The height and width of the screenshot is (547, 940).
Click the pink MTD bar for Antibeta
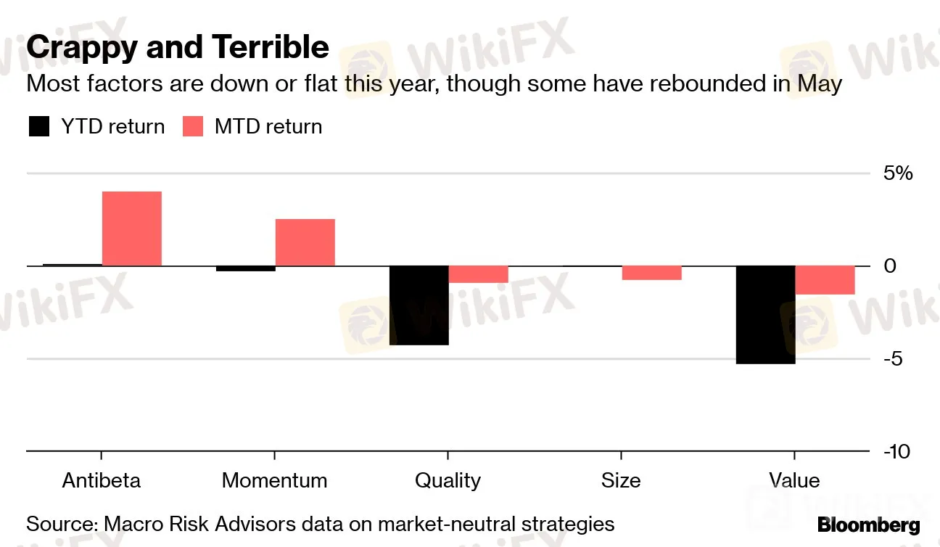point(131,229)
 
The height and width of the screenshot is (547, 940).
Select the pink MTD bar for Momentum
point(305,242)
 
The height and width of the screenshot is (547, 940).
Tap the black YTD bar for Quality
point(419,305)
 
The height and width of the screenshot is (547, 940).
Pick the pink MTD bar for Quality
point(478,274)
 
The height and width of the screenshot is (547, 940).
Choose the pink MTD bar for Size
point(651,273)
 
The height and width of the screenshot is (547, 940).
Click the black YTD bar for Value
point(765,315)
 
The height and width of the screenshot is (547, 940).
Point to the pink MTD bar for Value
point(825,280)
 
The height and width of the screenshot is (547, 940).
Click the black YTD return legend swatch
point(38,127)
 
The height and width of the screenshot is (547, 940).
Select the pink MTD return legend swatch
point(192,127)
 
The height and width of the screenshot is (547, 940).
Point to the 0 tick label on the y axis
point(891,266)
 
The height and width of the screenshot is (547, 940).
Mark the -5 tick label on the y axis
point(894,359)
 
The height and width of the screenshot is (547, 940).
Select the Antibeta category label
point(102,480)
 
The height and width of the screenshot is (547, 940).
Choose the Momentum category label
point(274,480)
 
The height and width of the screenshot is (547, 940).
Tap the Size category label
point(621,480)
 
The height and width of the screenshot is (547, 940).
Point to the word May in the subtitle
point(820,84)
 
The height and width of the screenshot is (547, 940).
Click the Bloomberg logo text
point(868,525)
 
